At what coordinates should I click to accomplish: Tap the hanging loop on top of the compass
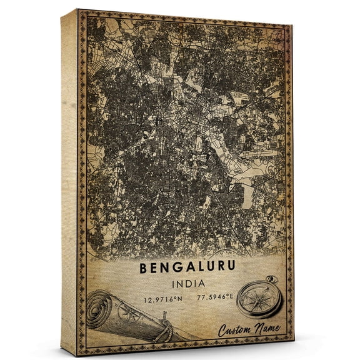[x=271, y=279]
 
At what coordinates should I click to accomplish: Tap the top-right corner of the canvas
[x=292, y=26]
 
